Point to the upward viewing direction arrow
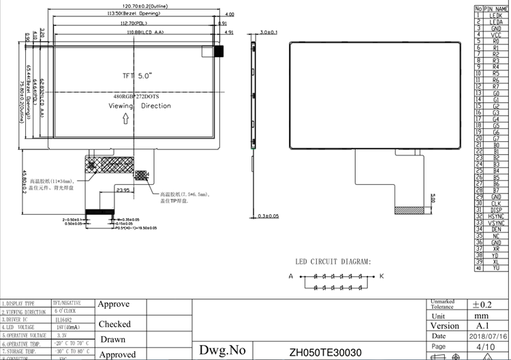(125, 119)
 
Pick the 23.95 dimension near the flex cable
(123, 190)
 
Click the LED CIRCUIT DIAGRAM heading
(333, 262)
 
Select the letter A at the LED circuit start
(290, 276)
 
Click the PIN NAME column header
(496, 8)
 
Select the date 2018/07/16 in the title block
(486, 335)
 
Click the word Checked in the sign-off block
(114, 325)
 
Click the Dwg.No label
(221, 350)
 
